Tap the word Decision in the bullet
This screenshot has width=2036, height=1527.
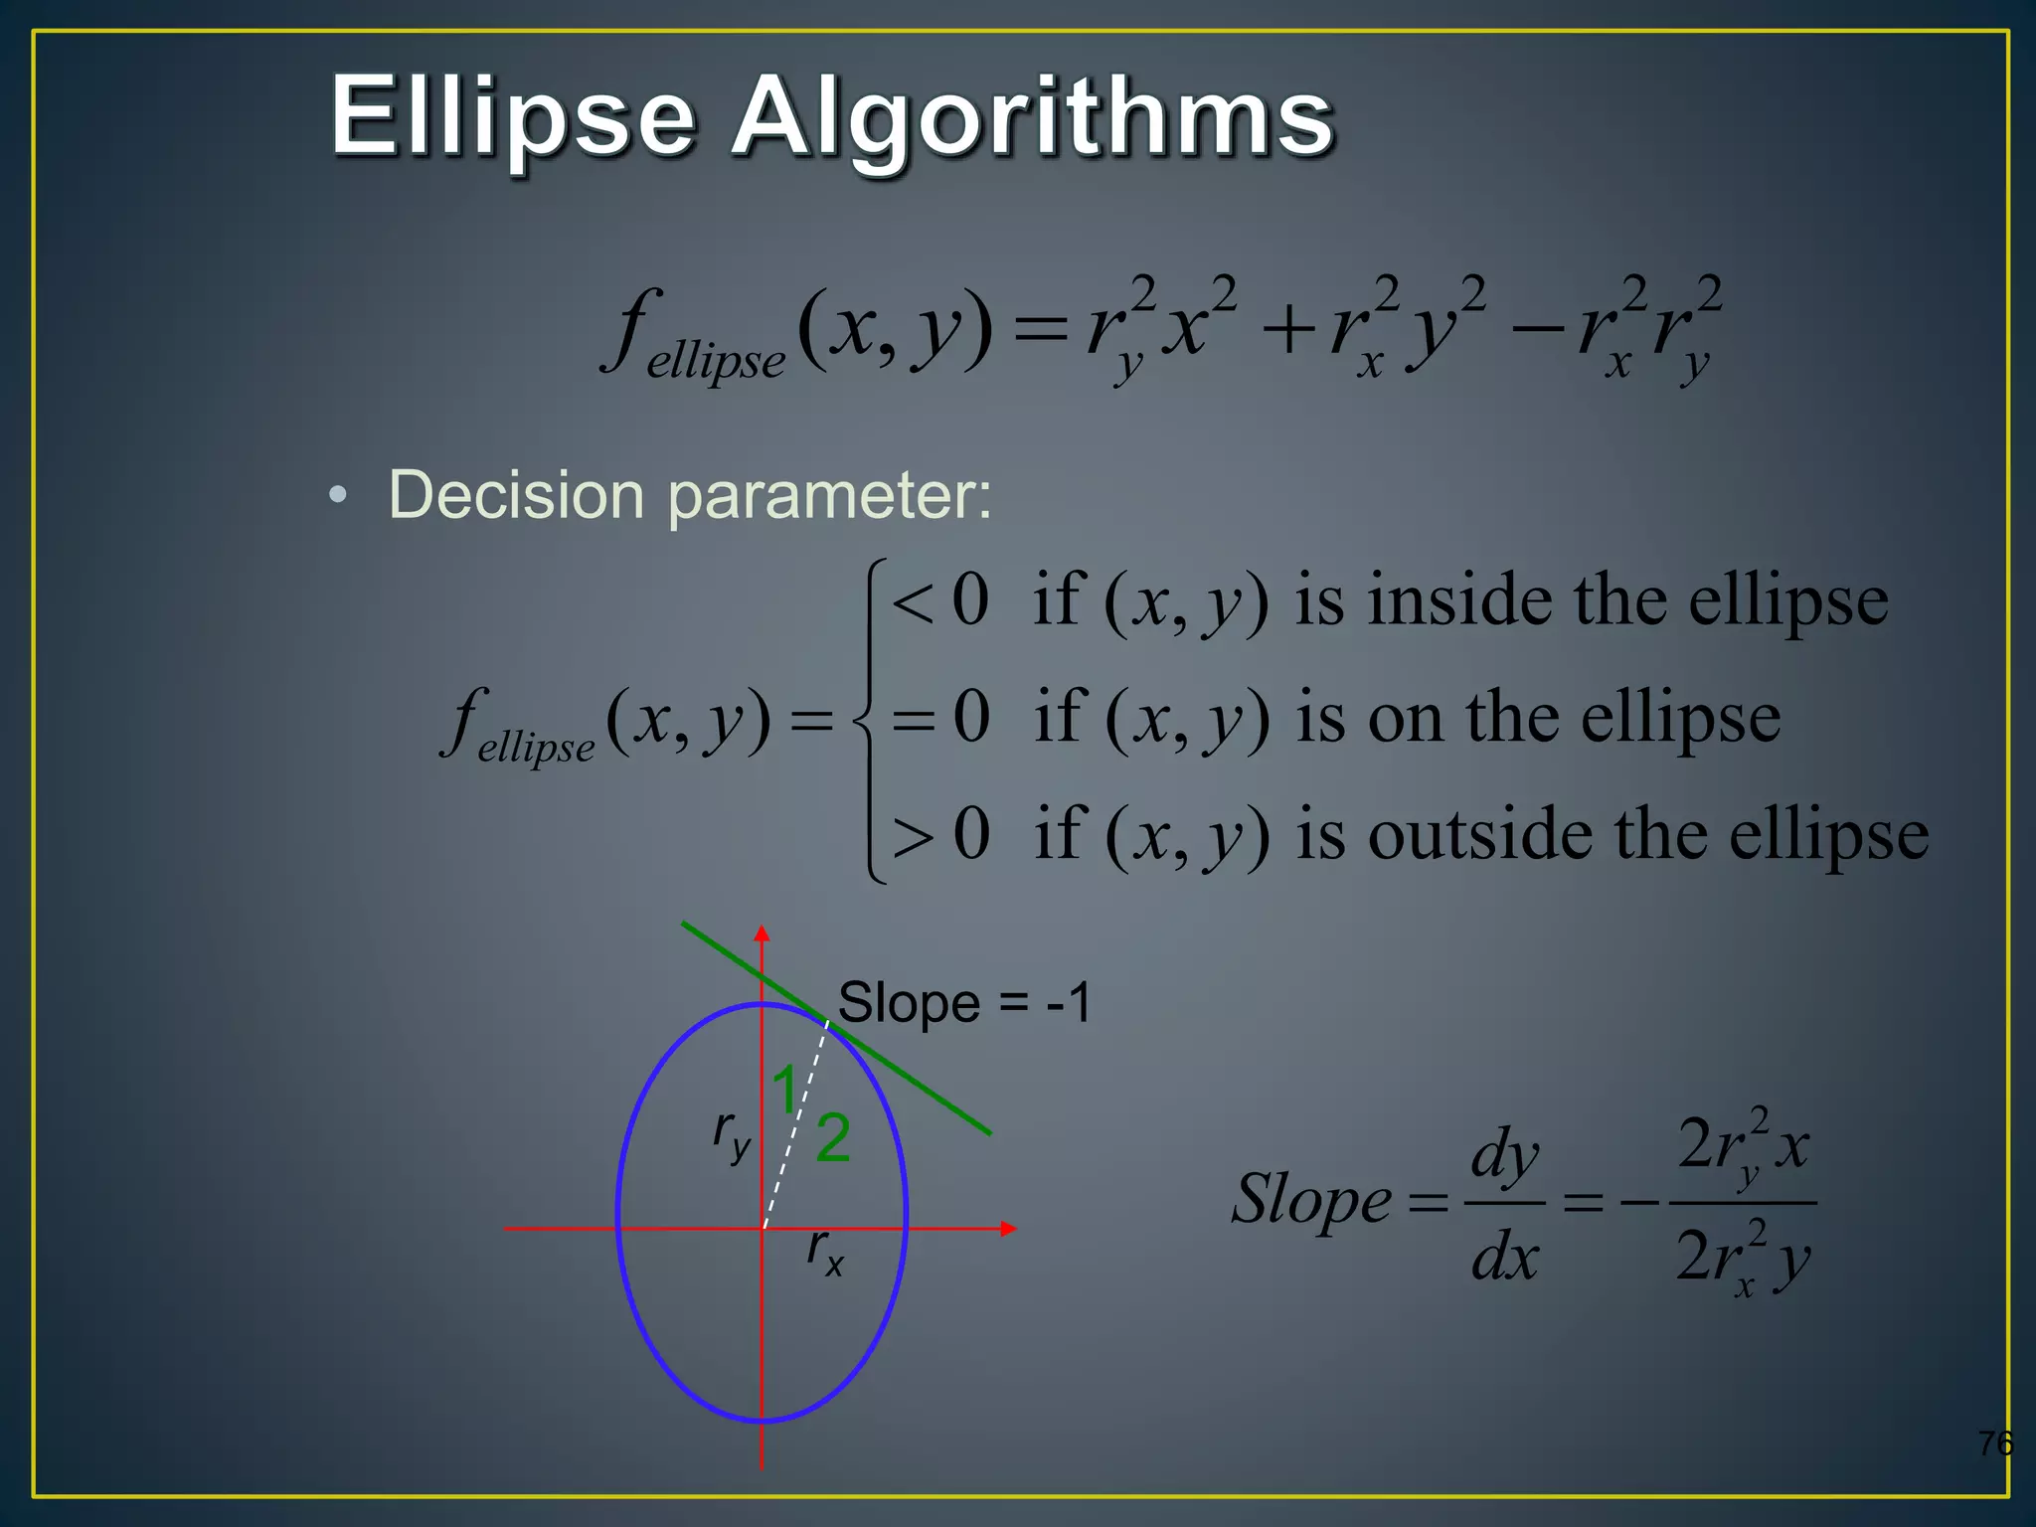pyautogui.click(x=516, y=494)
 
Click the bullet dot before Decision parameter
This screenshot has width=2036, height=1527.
pyautogui.click(x=339, y=495)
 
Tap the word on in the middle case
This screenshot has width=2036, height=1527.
pyautogui.click(x=1405, y=718)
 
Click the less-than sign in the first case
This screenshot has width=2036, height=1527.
pyautogui.click(x=912, y=602)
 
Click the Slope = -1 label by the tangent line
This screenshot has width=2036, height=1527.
pyautogui.click(x=964, y=1002)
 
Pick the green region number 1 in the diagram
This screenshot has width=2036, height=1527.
pyautogui.click(x=785, y=1089)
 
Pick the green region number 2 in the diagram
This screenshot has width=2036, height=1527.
pyautogui.click(x=833, y=1137)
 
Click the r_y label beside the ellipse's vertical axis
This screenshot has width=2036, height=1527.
pyautogui.click(x=731, y=1133)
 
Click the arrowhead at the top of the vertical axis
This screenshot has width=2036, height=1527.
pyautogui.click(x=762, y=933)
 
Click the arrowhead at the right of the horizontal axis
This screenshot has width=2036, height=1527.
pyautogui.click(x=1008, y=1229)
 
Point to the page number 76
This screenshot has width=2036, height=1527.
pyautogui.click(x=1994, y=1442)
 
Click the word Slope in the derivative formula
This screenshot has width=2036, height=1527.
pyautogui.click(x=1311, y=1199)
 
